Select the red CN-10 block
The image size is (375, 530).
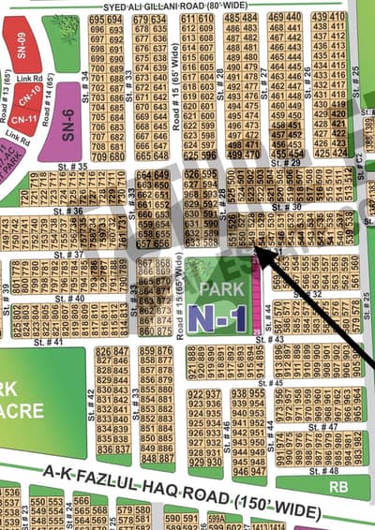point(30,95)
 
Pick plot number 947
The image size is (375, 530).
point(240,449)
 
